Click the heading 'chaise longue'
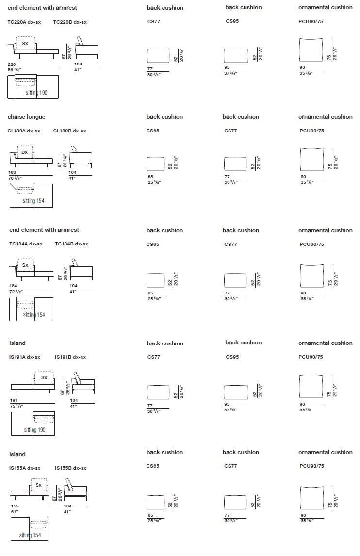tap(27, 117)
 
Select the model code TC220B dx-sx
tap(70, 22)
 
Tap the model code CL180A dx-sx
tap(24, 131)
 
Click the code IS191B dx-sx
tap(70, 357)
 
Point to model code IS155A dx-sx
tap(25, 468)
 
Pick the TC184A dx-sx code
tap(26, 244)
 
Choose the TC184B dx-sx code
tap(71, 244)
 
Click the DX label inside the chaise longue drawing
tap(25, 152)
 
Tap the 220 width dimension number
tap(12, 65)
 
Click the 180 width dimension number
tap(13, 173)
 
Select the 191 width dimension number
tap(14, 401)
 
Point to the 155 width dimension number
tap(15, 506)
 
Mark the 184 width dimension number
tap(13, 286)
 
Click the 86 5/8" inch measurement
tap(15, 70)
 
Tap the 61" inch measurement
tap(14, 512)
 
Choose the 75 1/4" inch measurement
tap(16, 406)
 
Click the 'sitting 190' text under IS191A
tap(35, 430)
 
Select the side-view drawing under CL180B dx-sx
tap(80, 157)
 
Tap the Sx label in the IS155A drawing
tap(39, 485)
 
